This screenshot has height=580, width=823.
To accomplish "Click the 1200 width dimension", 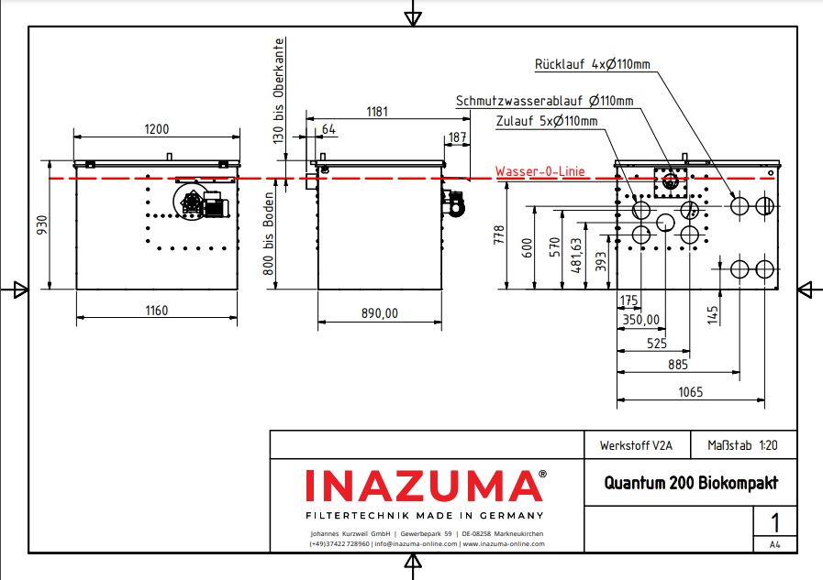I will pyautogui.click(x=156, y=129).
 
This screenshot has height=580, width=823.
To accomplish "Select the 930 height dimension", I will pyautogui.click(x=41, y=226).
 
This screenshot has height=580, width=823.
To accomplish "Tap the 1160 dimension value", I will pyautogui.click(x=156, y=311).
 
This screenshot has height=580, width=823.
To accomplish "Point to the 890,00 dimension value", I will pyautogui.click(x=379, y=313).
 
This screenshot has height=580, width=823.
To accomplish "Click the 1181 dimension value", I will pyautogui.click(x=378, y=112).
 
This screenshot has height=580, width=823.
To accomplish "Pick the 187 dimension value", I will pyautogui.click(x=457, y=137).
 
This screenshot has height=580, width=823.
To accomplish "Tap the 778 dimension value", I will pyautogui.click(x=499, y=234).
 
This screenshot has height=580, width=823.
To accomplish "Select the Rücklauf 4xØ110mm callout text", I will pyautogui.click(x=593, y=65).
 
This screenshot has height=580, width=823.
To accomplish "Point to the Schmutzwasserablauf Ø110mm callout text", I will pyautogui.click(x=544, y=101).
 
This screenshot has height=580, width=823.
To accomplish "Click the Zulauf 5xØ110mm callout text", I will pyautogui.click(x=546, y=121).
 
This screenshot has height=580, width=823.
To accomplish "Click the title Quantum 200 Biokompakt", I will pyautogui.click(x=690, y=483).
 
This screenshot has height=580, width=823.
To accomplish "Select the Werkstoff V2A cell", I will pyautogui.click(x=636, y=445).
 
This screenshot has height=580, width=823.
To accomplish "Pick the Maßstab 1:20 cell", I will pyautogui.click(x=742, y=445).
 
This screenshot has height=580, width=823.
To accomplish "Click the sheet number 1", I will pyautogui.click(x=775, y=524).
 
